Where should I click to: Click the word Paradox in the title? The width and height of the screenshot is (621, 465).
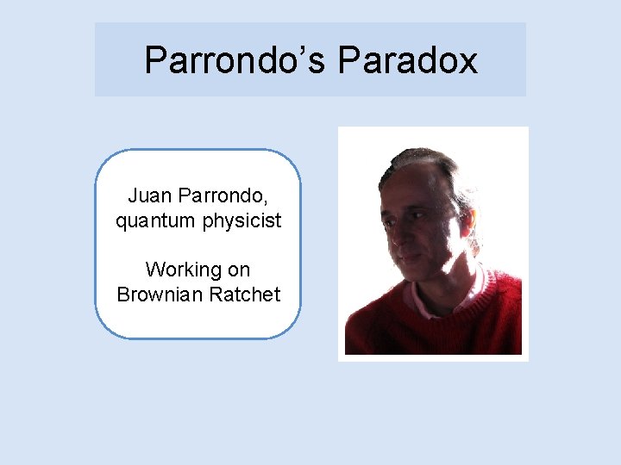tap(408, 60)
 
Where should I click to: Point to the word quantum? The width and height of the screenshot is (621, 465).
tap(156, 220)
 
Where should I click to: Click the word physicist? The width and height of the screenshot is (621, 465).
tap(242, 220)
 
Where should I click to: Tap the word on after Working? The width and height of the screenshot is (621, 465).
tap(239, 270)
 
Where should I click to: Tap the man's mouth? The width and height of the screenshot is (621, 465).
tap(412, 263)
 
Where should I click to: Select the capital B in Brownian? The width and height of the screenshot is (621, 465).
tap(123, 294)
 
